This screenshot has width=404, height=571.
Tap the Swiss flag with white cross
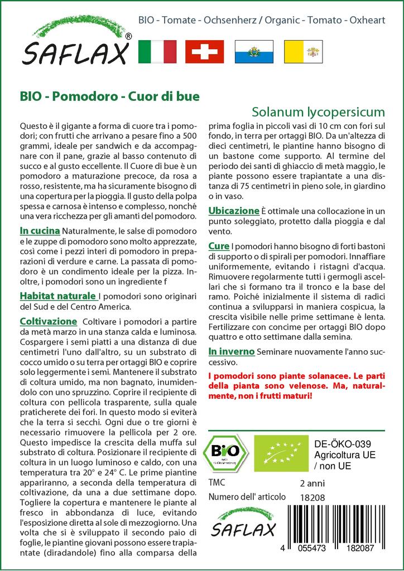coord(204,51)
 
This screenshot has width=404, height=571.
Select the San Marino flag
coord(253,51)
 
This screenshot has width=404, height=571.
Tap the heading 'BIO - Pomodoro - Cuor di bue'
coord(109,96)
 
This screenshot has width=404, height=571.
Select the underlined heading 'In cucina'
coord(40,230)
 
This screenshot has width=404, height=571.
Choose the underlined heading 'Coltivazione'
coord(48,322)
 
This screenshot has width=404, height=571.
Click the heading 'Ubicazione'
coord(234,211)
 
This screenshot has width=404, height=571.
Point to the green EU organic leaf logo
coord(281,453)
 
